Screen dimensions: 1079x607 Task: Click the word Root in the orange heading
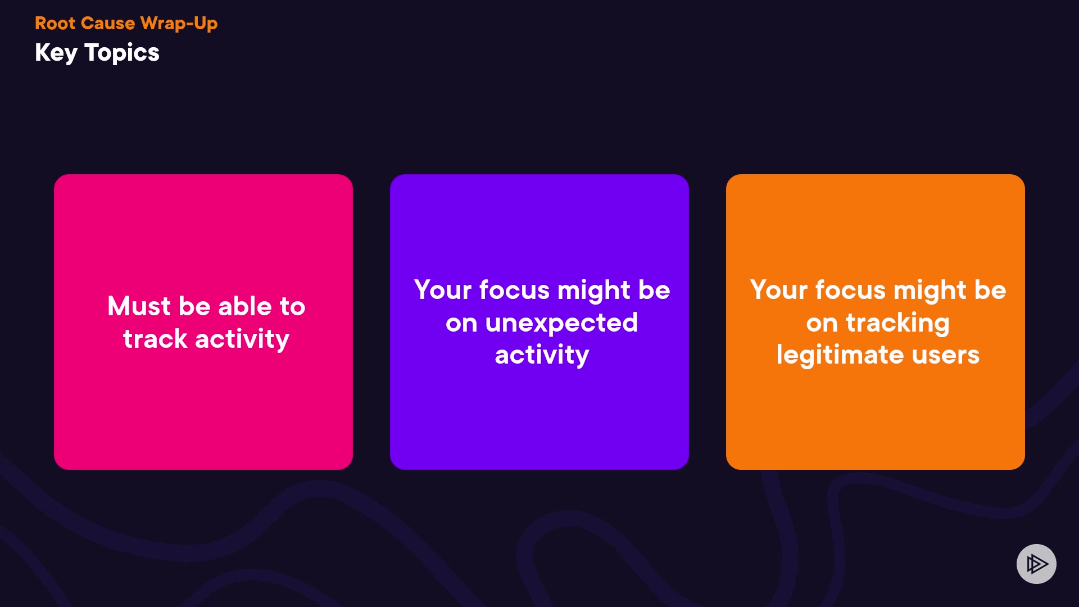click(55, 23)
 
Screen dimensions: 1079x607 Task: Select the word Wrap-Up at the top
click(179, 24)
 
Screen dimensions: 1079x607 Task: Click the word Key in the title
click(56, 53)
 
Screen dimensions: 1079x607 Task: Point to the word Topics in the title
click(122, 53)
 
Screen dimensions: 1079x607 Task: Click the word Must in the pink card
click(139, 306)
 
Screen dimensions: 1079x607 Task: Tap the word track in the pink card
click(155, 339)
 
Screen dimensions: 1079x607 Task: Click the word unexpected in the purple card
click(561, 323)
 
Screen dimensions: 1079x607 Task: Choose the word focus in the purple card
click(515, 290)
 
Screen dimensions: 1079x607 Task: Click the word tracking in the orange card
click(897, 323)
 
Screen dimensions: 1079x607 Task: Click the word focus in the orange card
click(851, 290)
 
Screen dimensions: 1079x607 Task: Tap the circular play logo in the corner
click(1036, 564)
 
